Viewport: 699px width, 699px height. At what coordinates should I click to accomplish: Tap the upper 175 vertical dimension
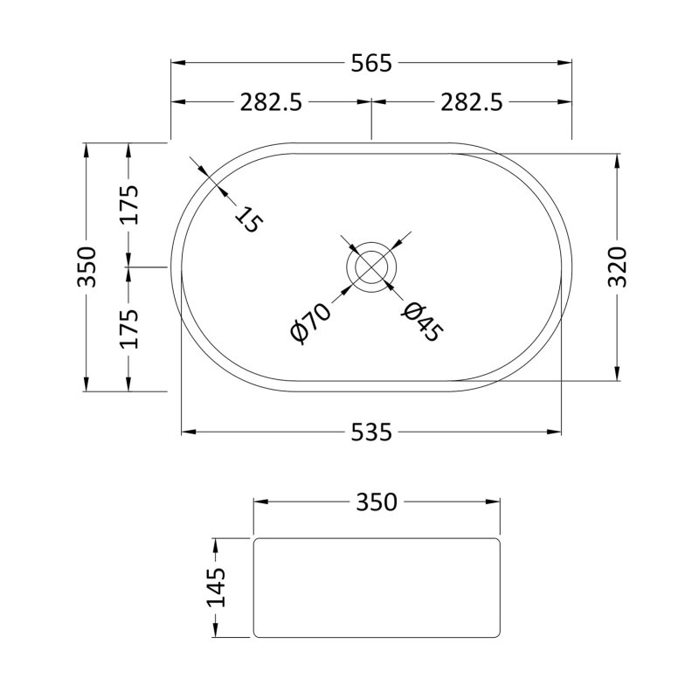pos(128,205)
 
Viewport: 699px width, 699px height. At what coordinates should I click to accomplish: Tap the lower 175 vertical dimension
pos(128,328)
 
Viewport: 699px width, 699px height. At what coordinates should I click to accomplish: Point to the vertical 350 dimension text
pos(87,266)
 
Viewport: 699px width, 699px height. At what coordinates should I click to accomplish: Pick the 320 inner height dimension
pos(619,266)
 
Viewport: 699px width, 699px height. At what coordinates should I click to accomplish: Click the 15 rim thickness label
pos(248,219)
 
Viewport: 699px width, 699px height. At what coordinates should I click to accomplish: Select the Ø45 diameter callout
pos(423,321)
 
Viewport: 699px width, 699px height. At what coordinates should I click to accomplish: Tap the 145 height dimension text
pos(216,586)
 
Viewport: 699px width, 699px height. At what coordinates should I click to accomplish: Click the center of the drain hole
pos(372,266)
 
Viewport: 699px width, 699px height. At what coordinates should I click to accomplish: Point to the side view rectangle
pos(377,586)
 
